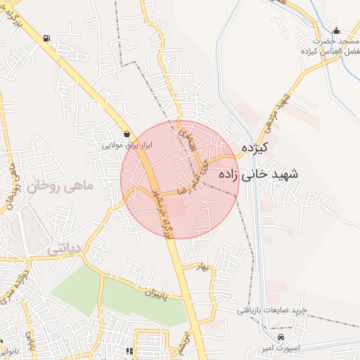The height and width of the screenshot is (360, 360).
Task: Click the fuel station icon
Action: [x=46, y=38]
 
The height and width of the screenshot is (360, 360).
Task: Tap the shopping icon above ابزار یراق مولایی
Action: [x=127, y=134]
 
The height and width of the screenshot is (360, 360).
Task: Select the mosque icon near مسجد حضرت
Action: [x=336, y=30]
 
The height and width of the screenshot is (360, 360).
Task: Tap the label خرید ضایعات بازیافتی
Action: [x=271, y=310]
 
